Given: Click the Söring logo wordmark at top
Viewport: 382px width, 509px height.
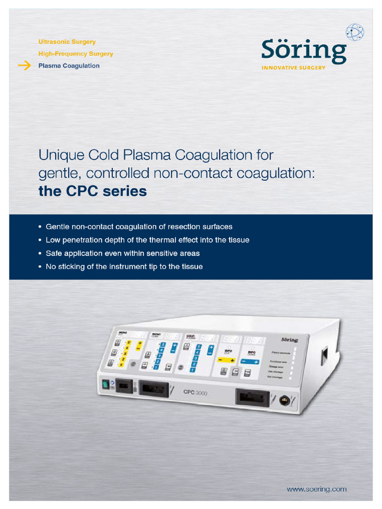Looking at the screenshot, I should point(304,51).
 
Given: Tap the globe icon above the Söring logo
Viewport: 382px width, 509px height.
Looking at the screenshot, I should point(355,32).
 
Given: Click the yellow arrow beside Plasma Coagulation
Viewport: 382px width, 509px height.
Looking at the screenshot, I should point(24,66).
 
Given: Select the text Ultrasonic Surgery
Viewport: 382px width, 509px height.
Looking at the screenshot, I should point(67,42).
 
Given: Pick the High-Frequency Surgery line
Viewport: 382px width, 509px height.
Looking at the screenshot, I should point(76,54).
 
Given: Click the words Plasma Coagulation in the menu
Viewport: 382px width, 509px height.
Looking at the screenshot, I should point(69,66).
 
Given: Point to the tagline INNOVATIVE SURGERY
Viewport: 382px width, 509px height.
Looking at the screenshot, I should point(293,68).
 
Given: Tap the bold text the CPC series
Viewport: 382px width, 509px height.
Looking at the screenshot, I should point(93,191).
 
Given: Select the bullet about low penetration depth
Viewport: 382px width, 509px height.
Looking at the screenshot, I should point(147,240).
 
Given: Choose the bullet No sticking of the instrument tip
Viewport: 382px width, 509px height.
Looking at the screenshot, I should point(124,267).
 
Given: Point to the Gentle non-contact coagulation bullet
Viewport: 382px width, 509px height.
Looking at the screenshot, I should point(139,227).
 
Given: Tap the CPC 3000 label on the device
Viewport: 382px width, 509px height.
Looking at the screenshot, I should point(195,393).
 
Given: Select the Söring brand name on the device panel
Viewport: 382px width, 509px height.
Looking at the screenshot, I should point(289,340).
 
